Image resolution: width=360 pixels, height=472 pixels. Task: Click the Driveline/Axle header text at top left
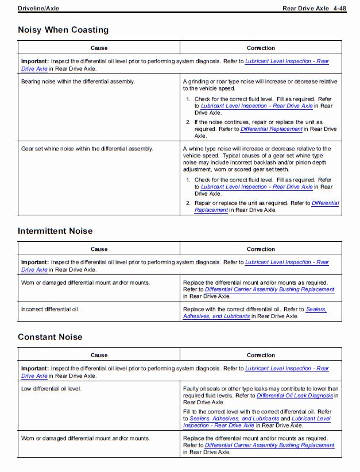[x=38, y=9]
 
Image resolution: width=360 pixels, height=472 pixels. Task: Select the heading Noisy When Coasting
[x=63, y=30]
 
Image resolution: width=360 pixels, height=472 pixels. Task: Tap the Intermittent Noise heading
[x=55, y=231]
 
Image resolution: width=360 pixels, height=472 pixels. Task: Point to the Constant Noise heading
[x=50, y=337]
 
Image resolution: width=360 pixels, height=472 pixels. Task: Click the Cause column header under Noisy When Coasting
[x=99, y=48]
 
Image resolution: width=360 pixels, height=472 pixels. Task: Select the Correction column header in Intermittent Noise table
[x=261, y=249]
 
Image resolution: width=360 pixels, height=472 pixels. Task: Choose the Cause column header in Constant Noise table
[x=99, y=355]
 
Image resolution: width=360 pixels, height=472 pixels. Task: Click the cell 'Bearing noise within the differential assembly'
[x=78, y=82]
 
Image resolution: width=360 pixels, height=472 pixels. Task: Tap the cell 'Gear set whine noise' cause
[x=87, y=149]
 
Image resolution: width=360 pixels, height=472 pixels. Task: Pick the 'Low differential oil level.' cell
[x=51, y=389]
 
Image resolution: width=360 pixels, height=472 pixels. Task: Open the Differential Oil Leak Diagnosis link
[x=295, y=396]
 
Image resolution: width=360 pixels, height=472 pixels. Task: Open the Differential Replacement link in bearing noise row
[x=271, y=129]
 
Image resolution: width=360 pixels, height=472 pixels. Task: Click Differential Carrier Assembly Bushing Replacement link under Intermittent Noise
[x=269, y=289]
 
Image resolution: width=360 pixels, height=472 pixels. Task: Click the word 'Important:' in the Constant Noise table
[x=35, y=369]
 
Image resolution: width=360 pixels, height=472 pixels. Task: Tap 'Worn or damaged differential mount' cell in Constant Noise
[x=86, y=438]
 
